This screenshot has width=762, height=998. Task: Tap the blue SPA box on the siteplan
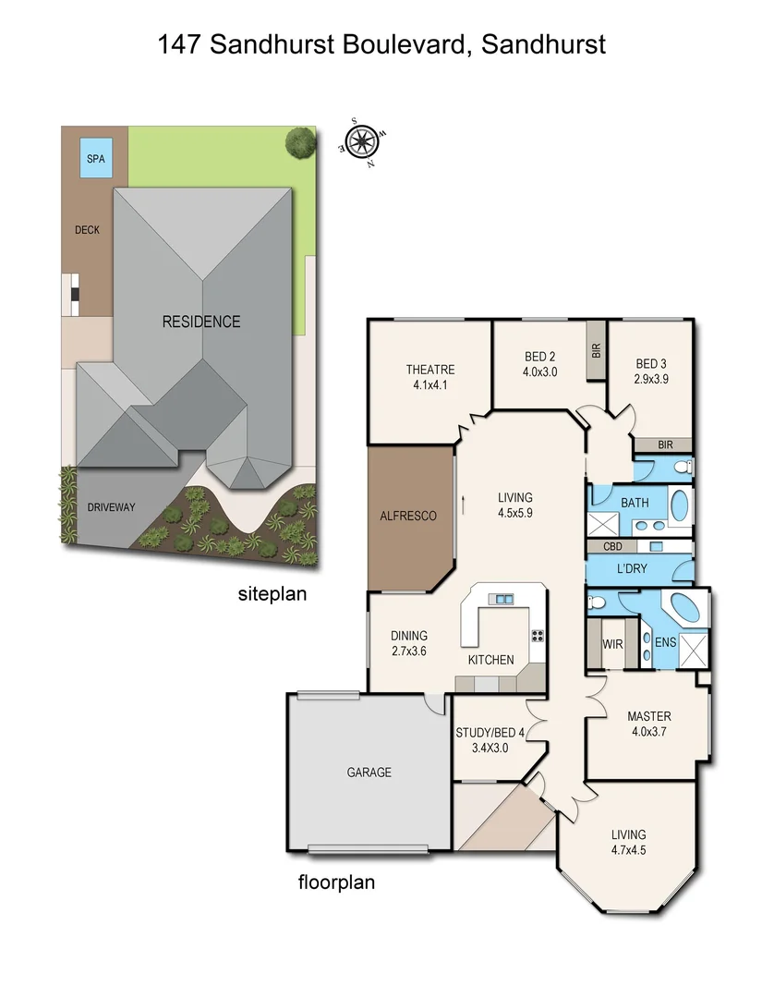[x=95, y=158]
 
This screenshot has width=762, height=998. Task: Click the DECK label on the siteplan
[x=87, y=230]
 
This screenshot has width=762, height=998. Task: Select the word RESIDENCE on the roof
[x=201, y=322]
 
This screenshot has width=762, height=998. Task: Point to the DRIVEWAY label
[x=111, y=507]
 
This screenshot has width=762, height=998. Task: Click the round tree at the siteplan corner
[x=299, y=142]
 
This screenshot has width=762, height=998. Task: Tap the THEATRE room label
[x=430, y=370]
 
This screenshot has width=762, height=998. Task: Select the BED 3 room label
[x=651, y=363]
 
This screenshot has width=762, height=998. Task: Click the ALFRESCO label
[x=408, y=516]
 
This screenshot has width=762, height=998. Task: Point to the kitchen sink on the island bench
[x=503, y=599]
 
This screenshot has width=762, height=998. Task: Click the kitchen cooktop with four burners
[x=537, y=636]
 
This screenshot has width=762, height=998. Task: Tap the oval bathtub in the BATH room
[x=678, y=505]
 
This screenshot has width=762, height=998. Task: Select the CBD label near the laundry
[x=611, y=546]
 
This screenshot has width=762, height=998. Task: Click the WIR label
[x=612, y=644]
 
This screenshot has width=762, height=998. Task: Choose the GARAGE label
[x=369, y=773]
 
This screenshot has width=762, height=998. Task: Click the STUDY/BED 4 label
[x=490, y=734]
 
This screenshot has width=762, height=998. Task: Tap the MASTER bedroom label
[x=648, y=716]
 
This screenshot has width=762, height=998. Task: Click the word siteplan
[x=272, y=595]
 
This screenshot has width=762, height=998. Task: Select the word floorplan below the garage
[x=336, y=882]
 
